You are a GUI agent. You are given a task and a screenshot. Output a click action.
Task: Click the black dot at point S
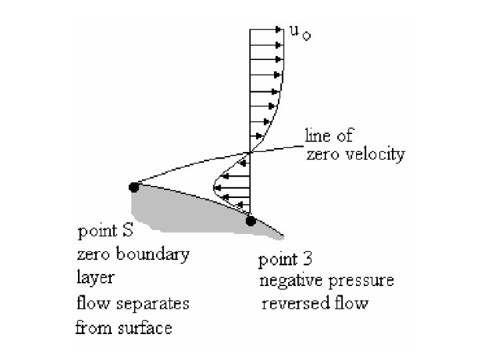[134, 187]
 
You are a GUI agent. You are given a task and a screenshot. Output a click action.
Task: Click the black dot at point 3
[251, 221]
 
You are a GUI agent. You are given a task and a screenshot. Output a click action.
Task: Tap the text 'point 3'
[286, 257]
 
